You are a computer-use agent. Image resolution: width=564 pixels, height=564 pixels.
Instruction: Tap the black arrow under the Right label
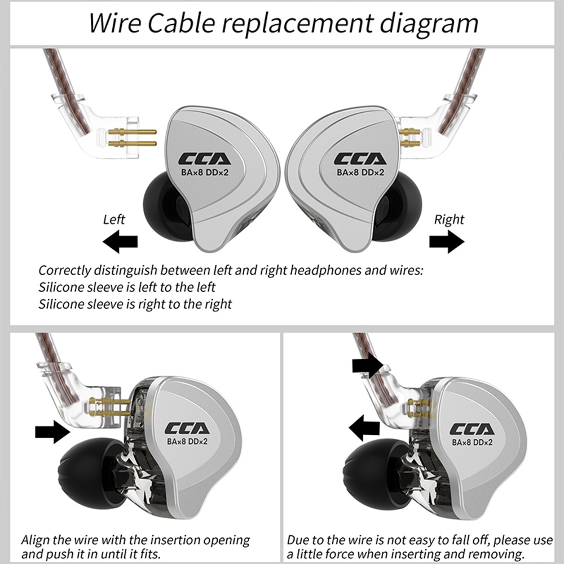coord(446,241)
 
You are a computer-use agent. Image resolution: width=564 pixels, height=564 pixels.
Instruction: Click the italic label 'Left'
coord(114,219)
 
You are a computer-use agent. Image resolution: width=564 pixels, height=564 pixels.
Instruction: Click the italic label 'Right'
coord(448,219)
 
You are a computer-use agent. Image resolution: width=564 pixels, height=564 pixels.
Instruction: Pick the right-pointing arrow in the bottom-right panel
coord(367,365)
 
